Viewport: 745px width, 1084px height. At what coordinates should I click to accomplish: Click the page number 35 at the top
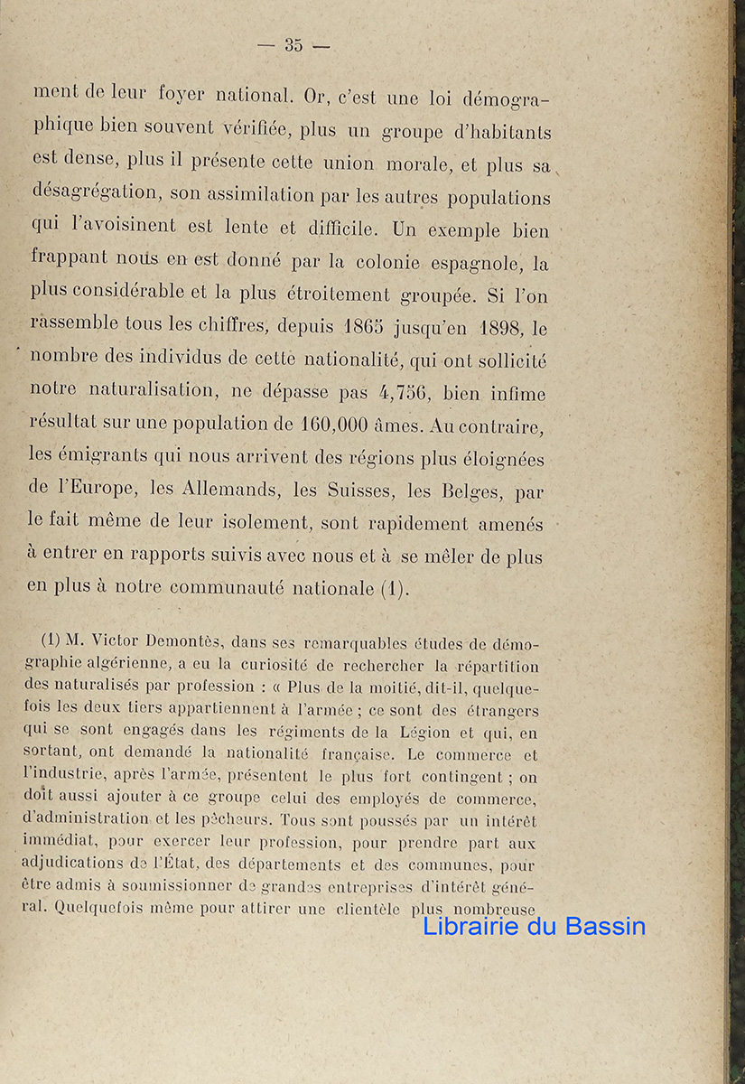pos(293,45)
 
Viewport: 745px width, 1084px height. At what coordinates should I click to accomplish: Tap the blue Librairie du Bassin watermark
pos(535,925)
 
